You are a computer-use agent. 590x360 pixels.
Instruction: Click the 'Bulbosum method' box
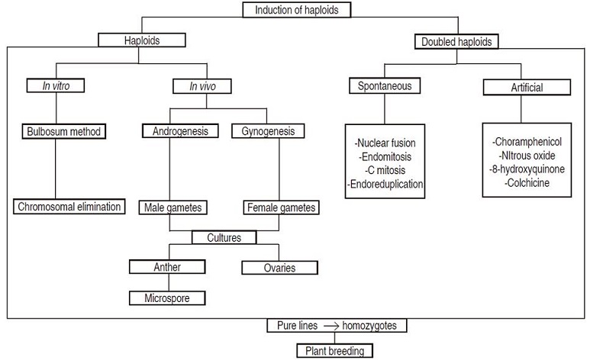tap(63, 131)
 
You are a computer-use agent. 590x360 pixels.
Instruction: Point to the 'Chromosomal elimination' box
tap(69, 206)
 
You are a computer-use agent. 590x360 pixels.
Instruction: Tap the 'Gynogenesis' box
tap(267, 131)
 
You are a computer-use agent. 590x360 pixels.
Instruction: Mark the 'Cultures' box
tap(224, 237)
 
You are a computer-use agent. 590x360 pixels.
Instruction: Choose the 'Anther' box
tap(167, 267)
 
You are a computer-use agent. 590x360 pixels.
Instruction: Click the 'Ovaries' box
tap(280, 268)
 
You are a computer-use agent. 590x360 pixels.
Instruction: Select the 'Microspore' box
tap(167, 297)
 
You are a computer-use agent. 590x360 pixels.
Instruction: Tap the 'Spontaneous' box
tap(385, 86)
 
